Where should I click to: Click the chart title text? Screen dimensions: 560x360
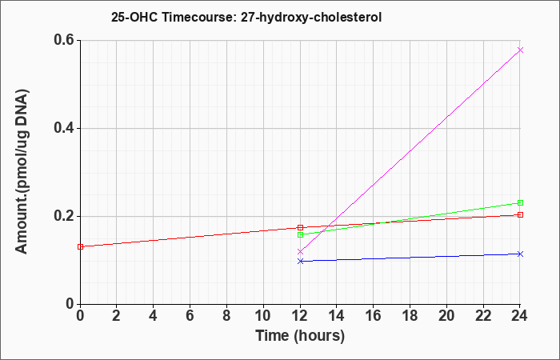pos(246,17)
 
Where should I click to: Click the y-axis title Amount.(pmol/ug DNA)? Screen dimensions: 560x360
pos(22,171)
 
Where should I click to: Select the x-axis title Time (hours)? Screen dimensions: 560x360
pos(300,336)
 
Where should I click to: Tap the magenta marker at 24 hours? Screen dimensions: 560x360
pos(520,50)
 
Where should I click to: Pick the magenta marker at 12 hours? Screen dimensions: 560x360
pos(300,252)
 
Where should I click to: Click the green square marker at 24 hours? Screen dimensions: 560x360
pos(520,203)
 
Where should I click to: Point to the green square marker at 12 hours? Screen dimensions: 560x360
pos(300,234)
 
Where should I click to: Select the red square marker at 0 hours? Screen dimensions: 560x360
pos(80,246)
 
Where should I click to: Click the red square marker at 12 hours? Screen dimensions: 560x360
pos(300,227)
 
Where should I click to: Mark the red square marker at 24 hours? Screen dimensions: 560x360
pos(520,214)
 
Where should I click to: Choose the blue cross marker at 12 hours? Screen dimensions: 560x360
pos(300,261)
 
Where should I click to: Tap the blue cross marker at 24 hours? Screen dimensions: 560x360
pos(520,254)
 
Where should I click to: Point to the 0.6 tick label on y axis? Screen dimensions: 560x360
pos(64,40)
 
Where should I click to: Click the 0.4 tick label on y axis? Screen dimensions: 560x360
pos(64,128)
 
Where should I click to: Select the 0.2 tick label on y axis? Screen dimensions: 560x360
pos(64,216)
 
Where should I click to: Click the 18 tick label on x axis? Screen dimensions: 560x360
pos(410,316)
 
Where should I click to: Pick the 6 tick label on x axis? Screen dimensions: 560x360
pos(190,316)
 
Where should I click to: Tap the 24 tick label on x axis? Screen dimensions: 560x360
pos(520,316)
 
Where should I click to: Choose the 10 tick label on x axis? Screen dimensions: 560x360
pos(263,316)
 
